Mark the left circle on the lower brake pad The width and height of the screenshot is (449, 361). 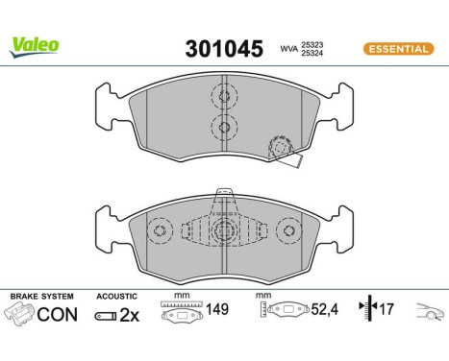pyautogui.click(x=162, y=232)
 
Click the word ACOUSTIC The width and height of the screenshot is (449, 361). pyautogui.click(x=117, y=297)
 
